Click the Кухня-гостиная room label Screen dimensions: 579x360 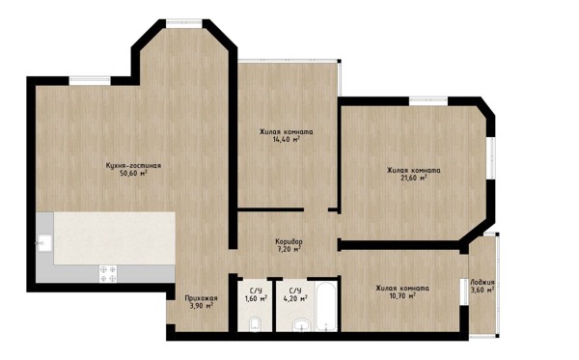[133, 165]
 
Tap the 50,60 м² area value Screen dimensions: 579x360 [133, 173]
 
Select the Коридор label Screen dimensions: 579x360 [289, 241]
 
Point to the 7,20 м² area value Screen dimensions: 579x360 [289, 249]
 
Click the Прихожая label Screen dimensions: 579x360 [201, 298]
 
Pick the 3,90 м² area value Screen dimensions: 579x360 [201, 306]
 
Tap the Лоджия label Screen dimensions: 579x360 [482, 283]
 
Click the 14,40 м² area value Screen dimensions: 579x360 [286, 140]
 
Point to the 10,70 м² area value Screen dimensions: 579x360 [402, 295]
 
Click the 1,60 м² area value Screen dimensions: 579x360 [257, 298]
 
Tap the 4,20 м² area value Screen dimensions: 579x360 [295, 298]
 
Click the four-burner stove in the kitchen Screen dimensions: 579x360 [108, 274]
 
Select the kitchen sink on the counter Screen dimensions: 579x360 [44, 243]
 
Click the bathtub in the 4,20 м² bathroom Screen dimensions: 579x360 [327, 306]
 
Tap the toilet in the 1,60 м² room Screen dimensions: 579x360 [255, 324]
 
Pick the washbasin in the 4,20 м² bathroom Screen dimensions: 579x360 [303, 325]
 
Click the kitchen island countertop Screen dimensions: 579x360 [115, 237]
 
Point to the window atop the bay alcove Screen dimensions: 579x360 [184, 23]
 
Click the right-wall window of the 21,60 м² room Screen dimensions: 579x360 [491, 159]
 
